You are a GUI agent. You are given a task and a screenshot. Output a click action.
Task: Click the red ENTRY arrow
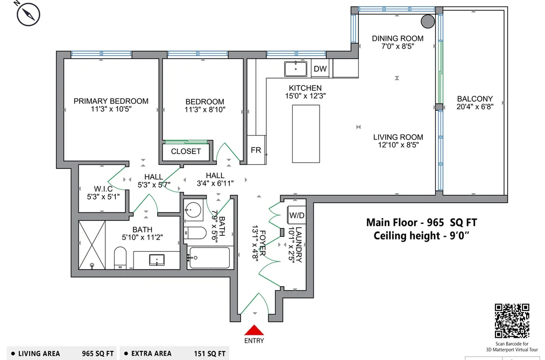click(x=254, y=330)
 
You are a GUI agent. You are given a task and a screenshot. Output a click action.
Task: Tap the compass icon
click(x=28, y=14)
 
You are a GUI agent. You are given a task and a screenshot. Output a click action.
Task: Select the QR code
click(x=512, y=321)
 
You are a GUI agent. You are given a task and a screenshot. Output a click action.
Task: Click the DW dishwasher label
click(x=320, y=68)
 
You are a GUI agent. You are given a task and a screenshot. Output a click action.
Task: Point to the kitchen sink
click(x=295, y=69)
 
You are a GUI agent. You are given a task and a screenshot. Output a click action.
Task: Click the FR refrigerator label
click(x=256, y=150)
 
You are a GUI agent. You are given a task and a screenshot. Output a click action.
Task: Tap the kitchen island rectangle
click(x=306, y=134)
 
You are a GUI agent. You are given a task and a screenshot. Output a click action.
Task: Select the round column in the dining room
click(x=428, y=21)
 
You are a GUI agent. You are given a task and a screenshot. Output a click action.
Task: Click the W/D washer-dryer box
click(x=297, y=215)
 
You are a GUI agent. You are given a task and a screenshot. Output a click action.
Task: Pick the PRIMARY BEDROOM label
click(x=111, y=101)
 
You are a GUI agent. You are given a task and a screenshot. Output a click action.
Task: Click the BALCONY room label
click(x=475, y=98)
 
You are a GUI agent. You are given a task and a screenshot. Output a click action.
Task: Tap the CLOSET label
click(x=186, y=152)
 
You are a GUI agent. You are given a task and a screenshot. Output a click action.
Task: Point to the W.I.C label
click(x=103, y=189)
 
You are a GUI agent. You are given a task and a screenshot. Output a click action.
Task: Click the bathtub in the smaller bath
click(x=209, y=258)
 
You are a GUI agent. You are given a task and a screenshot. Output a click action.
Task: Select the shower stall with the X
click(x=92, y=245)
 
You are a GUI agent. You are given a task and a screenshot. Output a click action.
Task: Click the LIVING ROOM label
click(x=398, y=137)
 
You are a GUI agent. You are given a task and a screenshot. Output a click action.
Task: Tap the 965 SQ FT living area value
click(x=98, y=354)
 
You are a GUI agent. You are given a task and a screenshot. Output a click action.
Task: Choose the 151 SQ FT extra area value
click(x=210, y=354)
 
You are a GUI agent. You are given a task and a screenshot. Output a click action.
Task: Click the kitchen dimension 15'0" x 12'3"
click(x=306, y=96)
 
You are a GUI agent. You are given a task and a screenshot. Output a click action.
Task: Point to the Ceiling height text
click(x=421, y=236)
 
